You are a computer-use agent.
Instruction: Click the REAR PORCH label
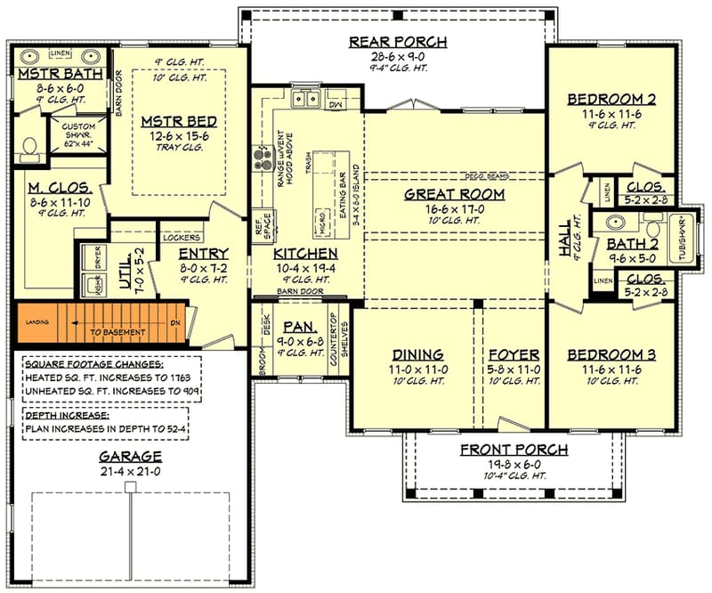pos(398,42)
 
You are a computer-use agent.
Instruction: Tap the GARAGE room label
pos(129,456)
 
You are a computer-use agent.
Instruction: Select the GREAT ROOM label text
pos(454,193)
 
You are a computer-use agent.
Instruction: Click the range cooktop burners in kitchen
pos(263,159)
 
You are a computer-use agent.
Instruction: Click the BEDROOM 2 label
pos(611,99)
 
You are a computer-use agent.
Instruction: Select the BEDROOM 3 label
pos(611,354)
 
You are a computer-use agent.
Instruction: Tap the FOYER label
pos(514,354)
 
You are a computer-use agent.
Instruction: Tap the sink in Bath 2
pos(614,223)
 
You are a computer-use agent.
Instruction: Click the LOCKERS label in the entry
pos(181,238)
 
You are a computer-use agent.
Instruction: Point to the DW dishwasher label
pos(336,103)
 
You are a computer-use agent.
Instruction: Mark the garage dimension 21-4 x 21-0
pos(129,470)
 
